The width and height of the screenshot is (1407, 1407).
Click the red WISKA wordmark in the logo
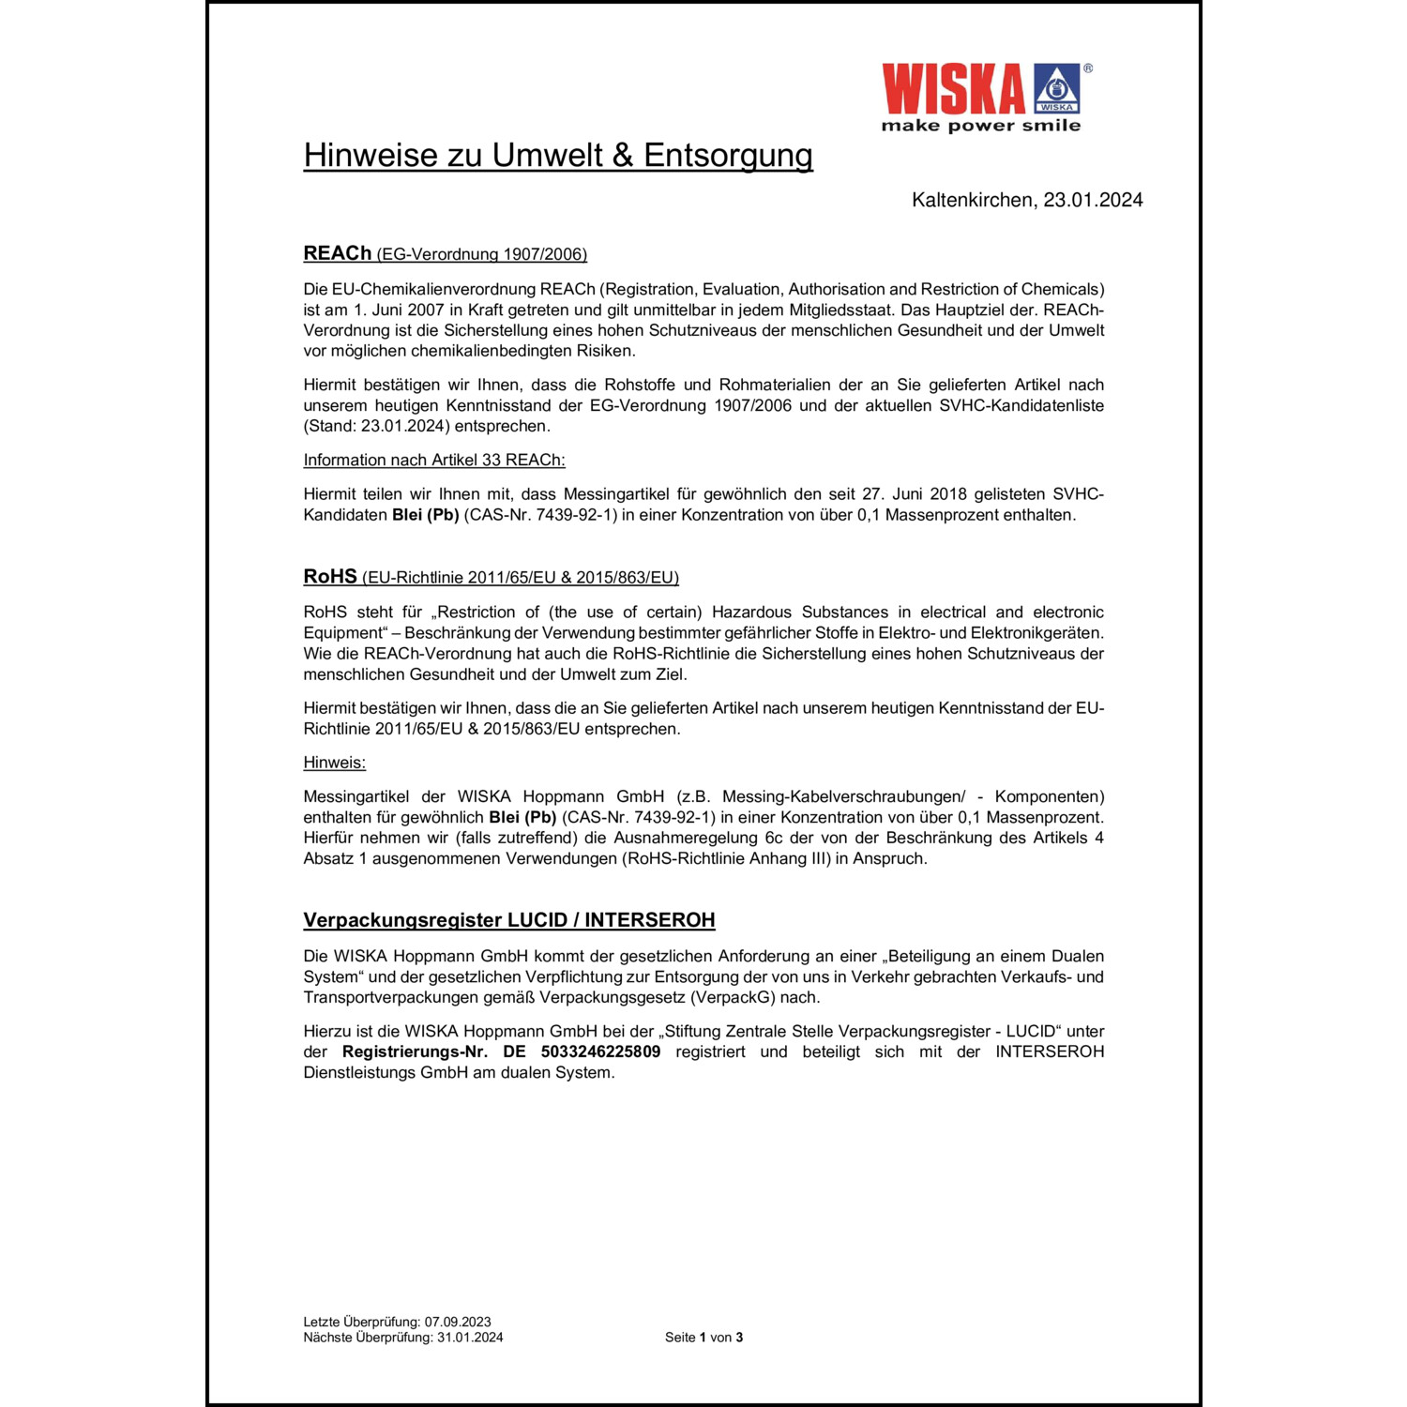[x=953, y=90]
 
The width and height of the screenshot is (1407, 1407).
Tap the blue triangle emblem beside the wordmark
[x=1056, y=90]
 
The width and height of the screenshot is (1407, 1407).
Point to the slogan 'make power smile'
[x=980, y=126]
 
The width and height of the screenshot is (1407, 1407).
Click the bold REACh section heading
[x=337, y=253]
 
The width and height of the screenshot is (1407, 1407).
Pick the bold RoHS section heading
[x=330, y=577]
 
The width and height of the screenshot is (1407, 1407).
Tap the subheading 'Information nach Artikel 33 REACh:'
[x=434, y=461]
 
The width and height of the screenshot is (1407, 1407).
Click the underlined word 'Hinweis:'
[x=334, y=763]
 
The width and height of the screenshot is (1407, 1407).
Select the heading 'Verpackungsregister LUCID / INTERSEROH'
[x=508, y=920]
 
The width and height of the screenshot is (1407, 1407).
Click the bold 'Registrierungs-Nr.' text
[x=415, y=1052]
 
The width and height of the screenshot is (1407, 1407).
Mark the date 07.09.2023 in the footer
[x=458, y=1323]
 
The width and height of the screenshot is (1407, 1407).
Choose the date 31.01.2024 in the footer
[x=470, y=1338]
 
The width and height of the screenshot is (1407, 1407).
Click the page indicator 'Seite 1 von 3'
[x=703, y=1338]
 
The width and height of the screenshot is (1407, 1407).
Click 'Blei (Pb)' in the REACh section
[x=425, y=515]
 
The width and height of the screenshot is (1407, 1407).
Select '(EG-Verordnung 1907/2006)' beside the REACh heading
[x=481, y=254]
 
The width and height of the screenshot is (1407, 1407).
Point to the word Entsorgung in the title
[x=728, y=156]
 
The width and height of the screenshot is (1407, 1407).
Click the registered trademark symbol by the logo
[x=1088, y=68]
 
